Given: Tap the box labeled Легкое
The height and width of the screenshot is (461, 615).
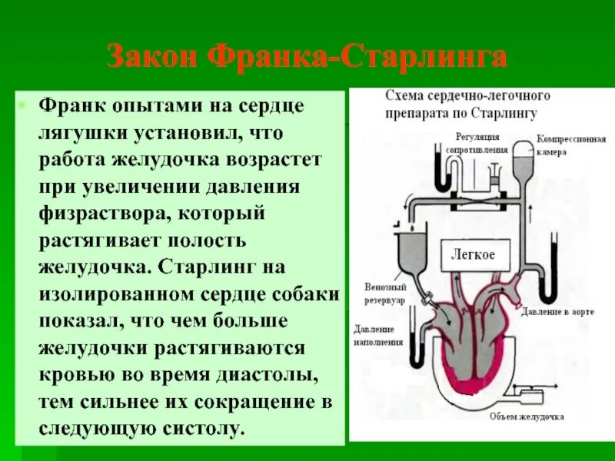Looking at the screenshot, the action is (x=472, y=254).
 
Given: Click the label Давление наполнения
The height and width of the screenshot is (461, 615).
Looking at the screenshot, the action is (x=379, y=334).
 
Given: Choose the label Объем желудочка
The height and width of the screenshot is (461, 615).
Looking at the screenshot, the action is (x=527, y=416).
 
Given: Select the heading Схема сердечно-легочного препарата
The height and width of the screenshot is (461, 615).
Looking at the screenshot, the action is (x=467, y=104).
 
